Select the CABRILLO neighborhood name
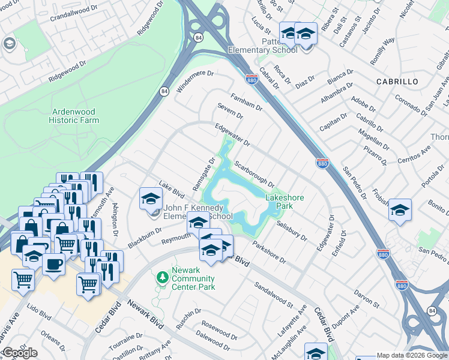pyautogui.click(x=397, y=81)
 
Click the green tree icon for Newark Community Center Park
pyautogui.click(x=161, y=277)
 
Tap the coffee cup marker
pyautogui.click(x=54, y=265)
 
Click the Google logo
pyautogui.click(x=20, y=353)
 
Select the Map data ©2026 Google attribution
pyautogui.click(x=412, y=355)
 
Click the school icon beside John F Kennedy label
pyautogui.click(x=151, y=199)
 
